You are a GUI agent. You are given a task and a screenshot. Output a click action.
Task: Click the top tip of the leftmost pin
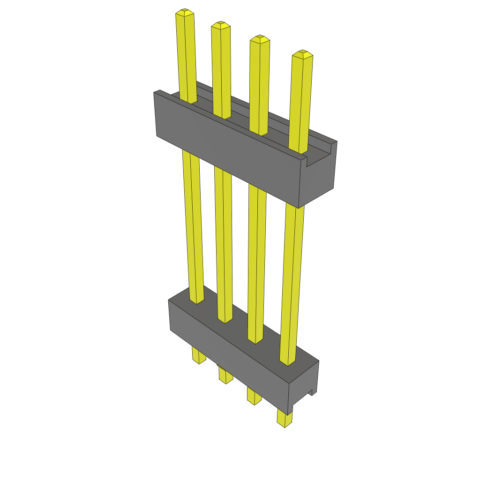tap(185, 12)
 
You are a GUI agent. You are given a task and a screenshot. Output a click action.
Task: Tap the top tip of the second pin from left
tap(220, 24)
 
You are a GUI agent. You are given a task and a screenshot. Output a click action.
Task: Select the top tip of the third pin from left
tap(260, 38)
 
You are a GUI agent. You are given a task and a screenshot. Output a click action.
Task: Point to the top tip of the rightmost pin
tap(302, 53)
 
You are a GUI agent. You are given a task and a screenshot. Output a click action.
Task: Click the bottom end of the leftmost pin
tap(199, 360)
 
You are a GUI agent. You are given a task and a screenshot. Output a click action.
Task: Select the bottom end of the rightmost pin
tap(284, 424)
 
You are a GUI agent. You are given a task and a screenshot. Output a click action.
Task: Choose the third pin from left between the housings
tap(257, 258)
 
